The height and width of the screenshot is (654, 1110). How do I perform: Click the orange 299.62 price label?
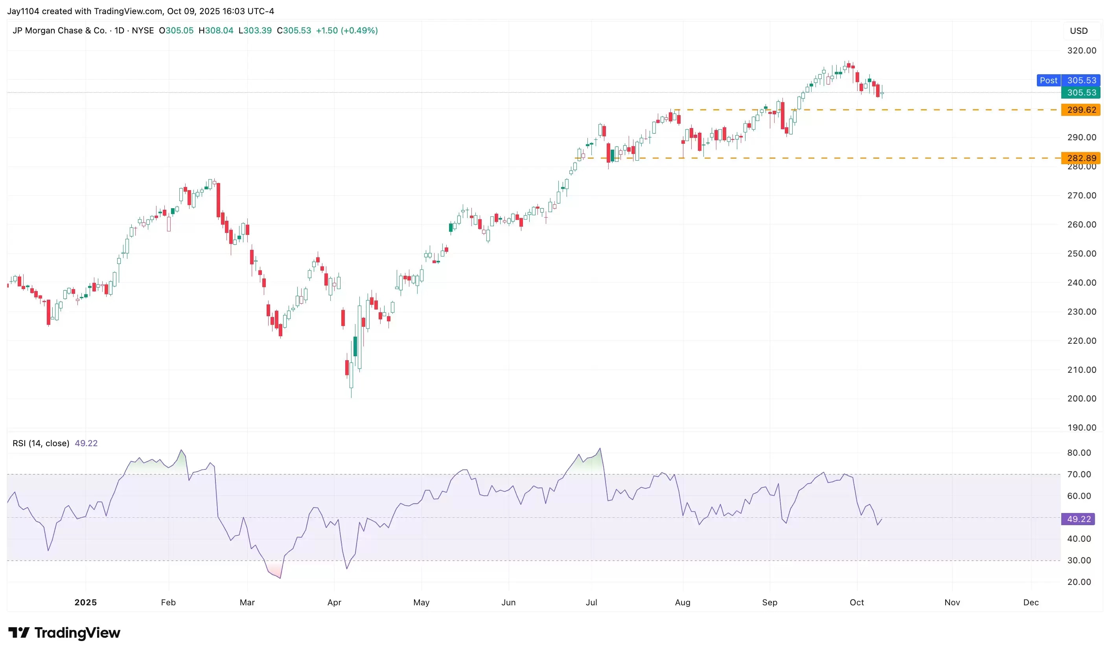1081,110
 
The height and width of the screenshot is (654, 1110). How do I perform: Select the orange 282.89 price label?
1081,158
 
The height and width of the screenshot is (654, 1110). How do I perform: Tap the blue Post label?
1048,80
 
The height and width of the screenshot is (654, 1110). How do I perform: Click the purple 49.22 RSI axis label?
1079,519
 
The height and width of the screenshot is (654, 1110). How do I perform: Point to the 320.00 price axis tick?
1081,51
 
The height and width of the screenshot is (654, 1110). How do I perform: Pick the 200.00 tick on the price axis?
1081,398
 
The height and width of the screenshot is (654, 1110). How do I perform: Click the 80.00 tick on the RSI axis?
1079,452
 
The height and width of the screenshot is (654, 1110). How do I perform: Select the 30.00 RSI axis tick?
1079,560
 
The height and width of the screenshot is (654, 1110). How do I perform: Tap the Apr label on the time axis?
334,602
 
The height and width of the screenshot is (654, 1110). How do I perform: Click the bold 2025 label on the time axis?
86,602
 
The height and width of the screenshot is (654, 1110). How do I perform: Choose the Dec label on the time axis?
1031,602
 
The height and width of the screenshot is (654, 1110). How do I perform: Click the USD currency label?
1079,31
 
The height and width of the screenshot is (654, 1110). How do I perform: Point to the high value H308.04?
216,30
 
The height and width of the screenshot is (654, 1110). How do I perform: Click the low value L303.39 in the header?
255,30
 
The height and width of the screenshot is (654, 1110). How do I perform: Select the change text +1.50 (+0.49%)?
347,30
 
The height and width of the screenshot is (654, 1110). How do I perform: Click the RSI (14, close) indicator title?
40,443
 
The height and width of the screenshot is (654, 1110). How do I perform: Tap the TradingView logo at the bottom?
64,633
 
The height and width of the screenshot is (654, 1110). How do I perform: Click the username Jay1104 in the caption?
23,11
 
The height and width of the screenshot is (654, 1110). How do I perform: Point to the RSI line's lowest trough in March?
281,578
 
